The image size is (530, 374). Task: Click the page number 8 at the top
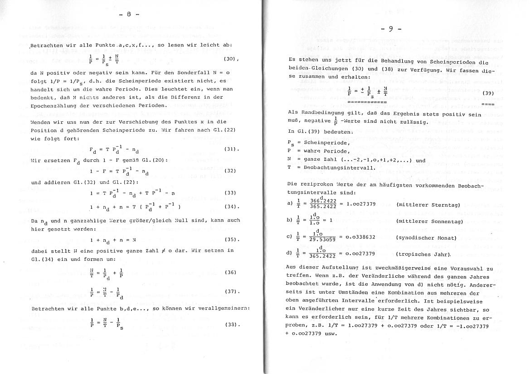128,14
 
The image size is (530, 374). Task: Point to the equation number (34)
231,207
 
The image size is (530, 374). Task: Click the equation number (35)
231,239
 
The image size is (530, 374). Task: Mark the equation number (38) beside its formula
231,325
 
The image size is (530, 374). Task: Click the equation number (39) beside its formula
487,93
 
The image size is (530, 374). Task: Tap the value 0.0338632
360,237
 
